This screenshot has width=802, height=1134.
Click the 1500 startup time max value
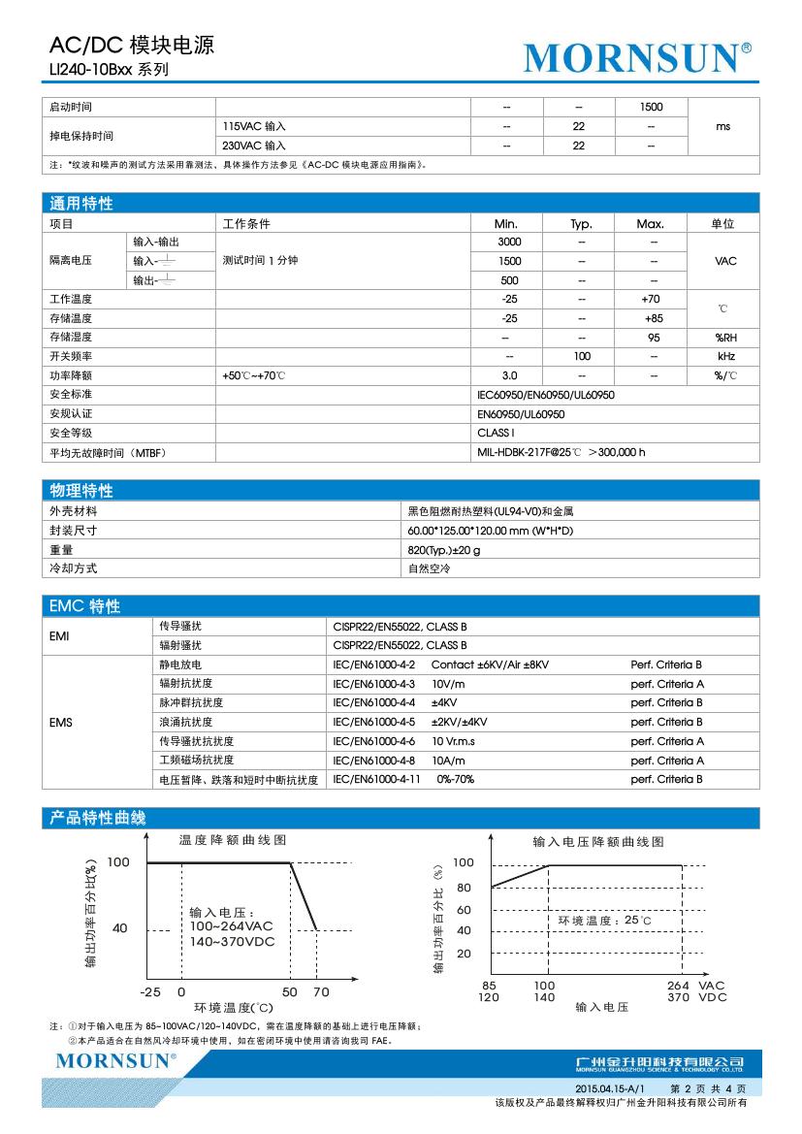[x=652, y=107]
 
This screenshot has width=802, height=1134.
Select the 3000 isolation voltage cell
[x=508, y=242]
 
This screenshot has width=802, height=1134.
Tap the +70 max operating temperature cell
[x=652, y=300]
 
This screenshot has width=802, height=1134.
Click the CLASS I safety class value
[x=496, y=433]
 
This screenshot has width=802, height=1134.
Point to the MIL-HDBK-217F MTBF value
[x=561, y=452]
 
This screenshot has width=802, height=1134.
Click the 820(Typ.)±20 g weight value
[x=444, y=550]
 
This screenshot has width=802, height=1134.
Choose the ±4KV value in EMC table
[x=444, y=702]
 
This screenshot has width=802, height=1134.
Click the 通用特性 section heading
[x=81, y=204]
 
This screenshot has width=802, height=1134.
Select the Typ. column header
[x=580, y=223]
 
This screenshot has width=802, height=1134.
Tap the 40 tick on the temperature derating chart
[x=120, y=928]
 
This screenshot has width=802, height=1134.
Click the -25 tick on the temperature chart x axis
[x=149, y=992]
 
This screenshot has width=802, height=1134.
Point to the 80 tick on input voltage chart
[x=464, y=888]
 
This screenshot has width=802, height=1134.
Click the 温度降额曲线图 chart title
[x=233, y=839]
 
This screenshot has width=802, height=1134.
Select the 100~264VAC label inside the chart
[x=232, y=927]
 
